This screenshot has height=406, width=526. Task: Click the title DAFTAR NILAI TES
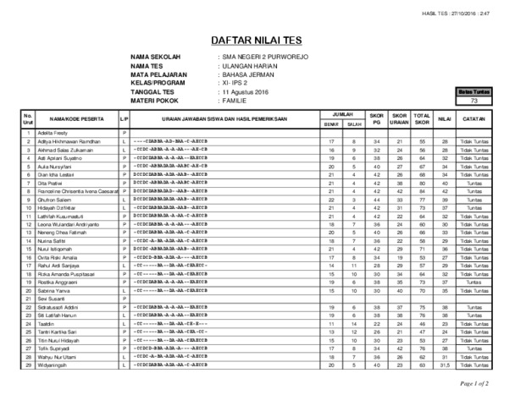[263, 40]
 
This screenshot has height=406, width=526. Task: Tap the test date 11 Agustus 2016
[246, 91]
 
